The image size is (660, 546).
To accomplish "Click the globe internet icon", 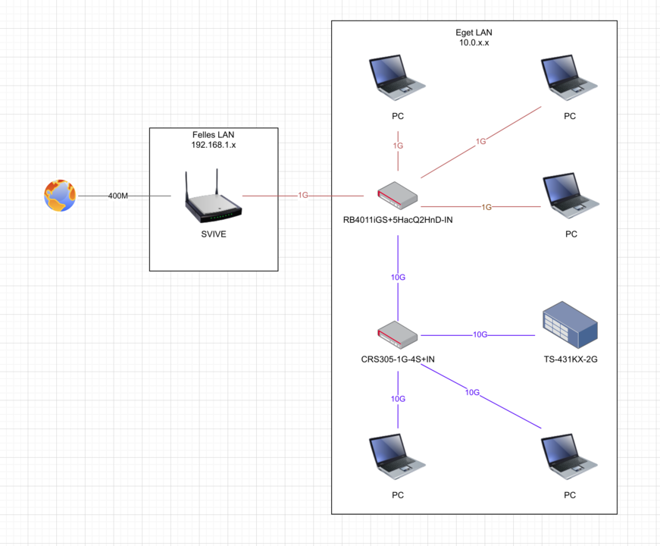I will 60,196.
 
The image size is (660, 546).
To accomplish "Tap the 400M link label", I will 117,196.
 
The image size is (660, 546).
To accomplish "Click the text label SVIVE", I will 213,234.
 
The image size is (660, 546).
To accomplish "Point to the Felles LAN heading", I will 214,134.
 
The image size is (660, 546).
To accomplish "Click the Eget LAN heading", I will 474,33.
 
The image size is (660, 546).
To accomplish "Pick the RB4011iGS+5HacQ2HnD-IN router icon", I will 398,196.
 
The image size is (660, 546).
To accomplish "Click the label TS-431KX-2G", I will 570,359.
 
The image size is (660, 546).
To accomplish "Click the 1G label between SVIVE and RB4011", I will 303,196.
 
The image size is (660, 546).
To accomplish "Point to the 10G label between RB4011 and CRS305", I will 398,278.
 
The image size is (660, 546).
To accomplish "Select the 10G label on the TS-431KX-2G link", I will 480,334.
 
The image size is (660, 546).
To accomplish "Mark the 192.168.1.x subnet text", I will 214,144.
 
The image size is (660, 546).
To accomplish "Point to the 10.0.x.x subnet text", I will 474,43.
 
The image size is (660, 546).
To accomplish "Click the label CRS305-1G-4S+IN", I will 398,359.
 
